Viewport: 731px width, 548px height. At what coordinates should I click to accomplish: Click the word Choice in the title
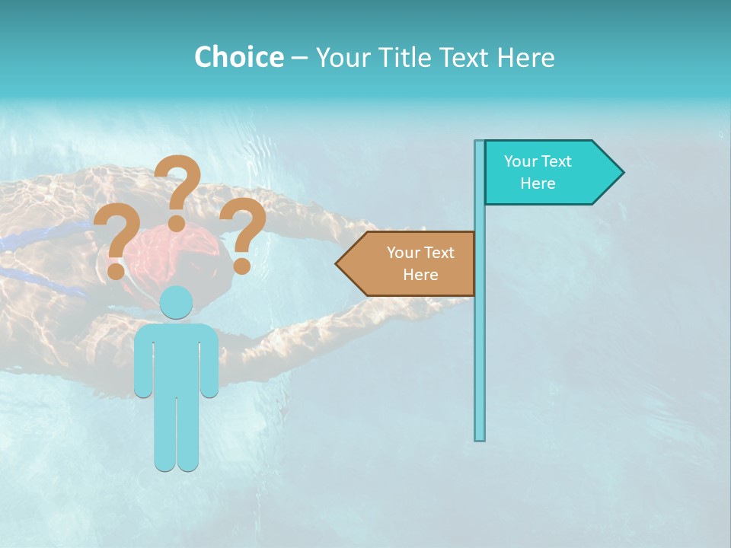238,57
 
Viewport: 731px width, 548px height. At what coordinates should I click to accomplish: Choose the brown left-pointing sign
411,263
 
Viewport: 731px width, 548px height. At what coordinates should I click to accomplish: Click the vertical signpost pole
480,342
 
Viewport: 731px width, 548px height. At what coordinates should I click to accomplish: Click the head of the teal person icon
177,303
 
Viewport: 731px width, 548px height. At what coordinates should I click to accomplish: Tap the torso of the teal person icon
177,358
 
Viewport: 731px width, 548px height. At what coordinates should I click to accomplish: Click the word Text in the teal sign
557,161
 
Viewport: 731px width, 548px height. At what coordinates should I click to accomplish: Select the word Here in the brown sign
420,275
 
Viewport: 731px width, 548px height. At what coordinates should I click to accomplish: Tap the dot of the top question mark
177,223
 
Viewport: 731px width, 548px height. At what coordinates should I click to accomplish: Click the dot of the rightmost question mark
241,266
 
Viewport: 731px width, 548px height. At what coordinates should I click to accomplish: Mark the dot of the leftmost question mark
117,270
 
